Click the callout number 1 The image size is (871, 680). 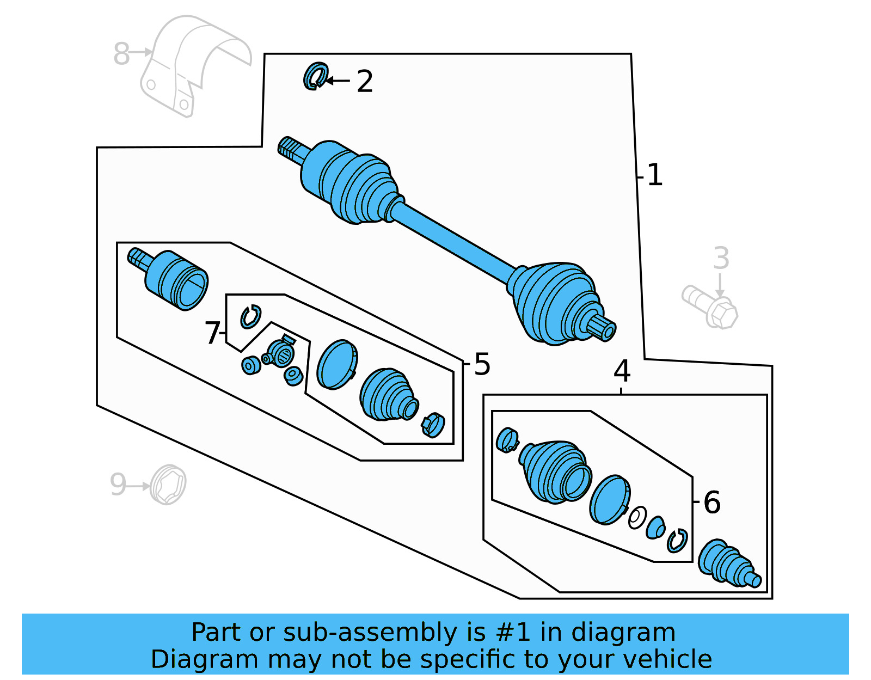655,175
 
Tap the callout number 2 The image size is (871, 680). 365,82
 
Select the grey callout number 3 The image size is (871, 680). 721,258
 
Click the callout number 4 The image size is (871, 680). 622,371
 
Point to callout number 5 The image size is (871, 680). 482,364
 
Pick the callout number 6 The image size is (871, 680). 712,502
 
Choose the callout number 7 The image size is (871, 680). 212,333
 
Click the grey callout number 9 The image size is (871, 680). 118,485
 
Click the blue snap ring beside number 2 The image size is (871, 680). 315,76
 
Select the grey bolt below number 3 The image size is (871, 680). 710,307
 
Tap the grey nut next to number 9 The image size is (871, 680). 168,484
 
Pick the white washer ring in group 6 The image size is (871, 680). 637,517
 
